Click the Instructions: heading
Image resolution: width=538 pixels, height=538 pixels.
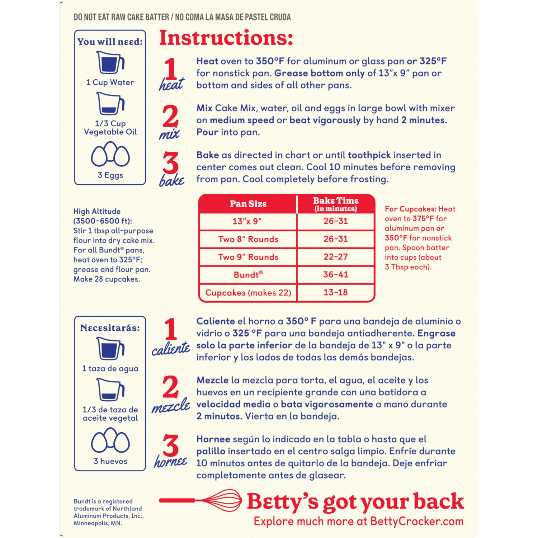tap(226, 38)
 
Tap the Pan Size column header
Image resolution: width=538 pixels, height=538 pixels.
tap(248, 204)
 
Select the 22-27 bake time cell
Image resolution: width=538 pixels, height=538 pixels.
tap(335, 257)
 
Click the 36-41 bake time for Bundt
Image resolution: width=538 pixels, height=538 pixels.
tap(335, 275)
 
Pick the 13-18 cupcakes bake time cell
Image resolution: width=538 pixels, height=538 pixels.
tap(335, 292)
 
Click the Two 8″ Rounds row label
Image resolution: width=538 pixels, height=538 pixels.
tap(248, 239)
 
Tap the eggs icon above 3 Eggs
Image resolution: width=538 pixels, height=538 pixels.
tap(110, 155)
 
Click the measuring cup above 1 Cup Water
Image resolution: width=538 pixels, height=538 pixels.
tap(110, 62)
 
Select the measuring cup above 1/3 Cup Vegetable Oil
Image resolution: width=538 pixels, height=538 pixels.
tap(110, 104)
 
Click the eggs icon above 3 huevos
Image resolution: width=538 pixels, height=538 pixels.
tap(110, 441)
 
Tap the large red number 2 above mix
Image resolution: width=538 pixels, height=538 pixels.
tap(170, 116)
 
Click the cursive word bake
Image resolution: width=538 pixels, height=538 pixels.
tap(172, 180)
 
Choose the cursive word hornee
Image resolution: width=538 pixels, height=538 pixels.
tap(171, 462)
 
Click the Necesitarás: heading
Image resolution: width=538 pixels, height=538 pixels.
tap(110, 328)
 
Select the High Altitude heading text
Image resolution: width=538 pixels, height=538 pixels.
tap(97, 212)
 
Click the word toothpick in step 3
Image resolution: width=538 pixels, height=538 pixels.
tap(369, 155)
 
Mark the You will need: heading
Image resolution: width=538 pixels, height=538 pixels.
tap(110, 42)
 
